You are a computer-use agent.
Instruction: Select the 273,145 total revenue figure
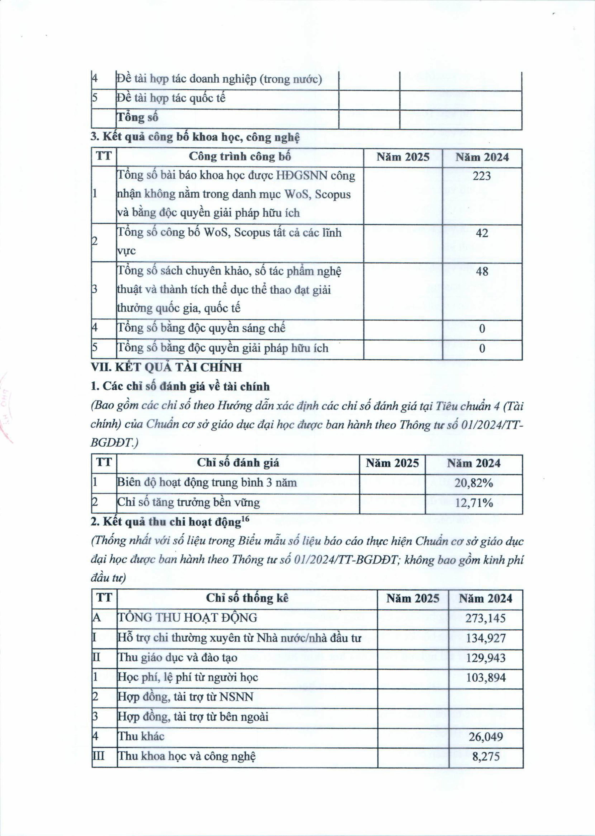click(486, 618)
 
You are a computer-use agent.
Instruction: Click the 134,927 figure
click(486, 638)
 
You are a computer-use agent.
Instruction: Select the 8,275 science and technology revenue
click(486, 756)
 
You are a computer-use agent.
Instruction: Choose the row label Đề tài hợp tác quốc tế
click(171, 98)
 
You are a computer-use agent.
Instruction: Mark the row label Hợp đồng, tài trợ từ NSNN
click(185, 697)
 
